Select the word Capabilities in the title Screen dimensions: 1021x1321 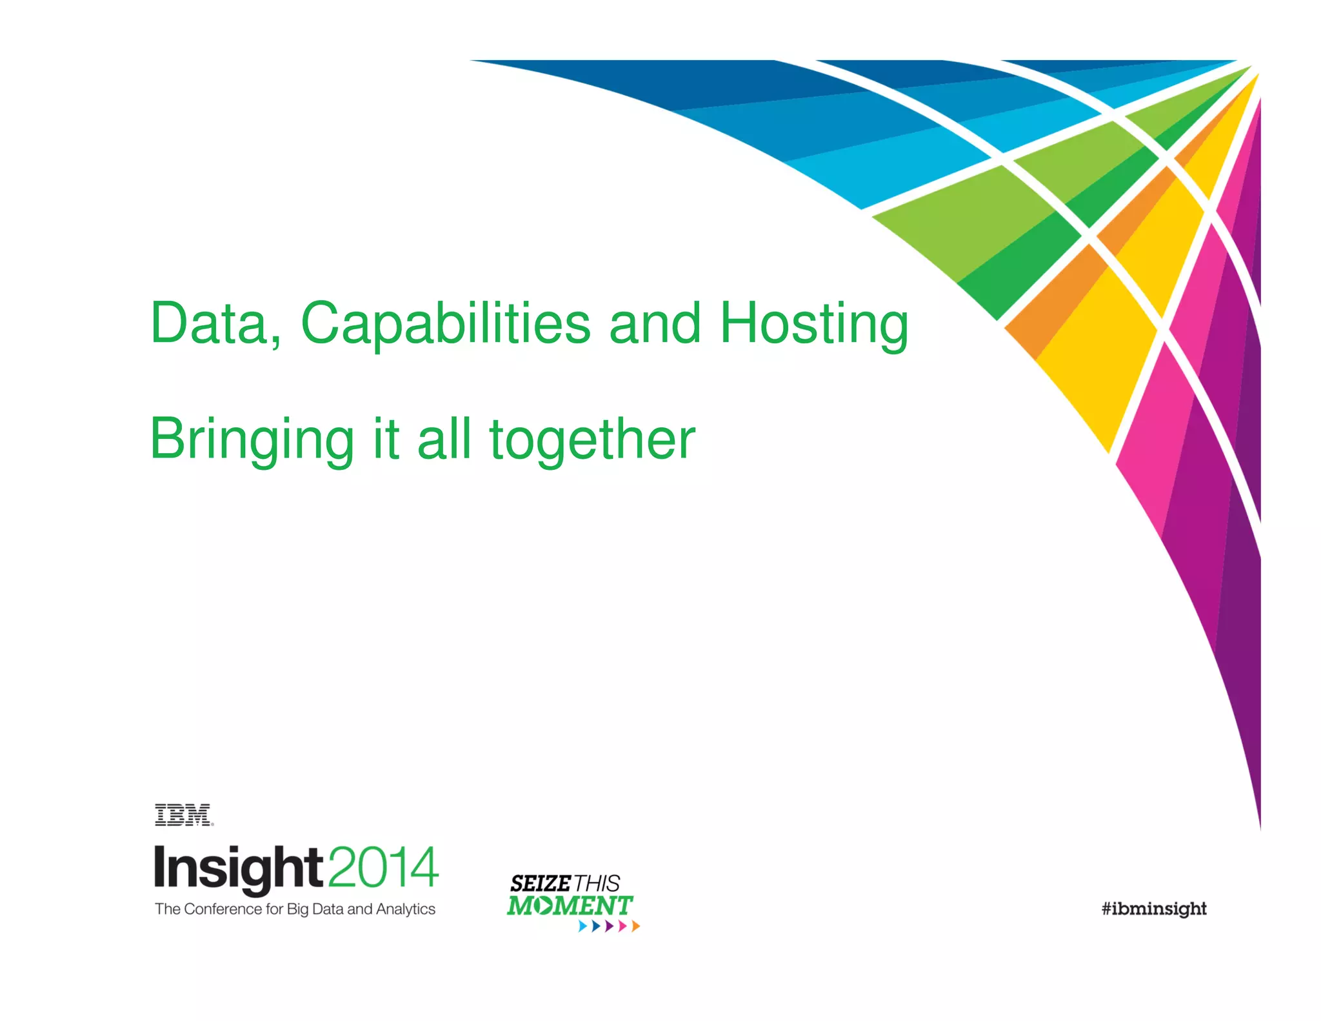pyautogui.click(x=445, y=324)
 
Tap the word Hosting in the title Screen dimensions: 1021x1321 pyautogui.click(x=814, y=324)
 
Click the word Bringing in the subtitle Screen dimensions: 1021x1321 pyautogui.click(x=252, y=440)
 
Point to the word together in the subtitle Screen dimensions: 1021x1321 pyautogui.click(x=592, y=440)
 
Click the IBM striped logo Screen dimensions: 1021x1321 pyautogui.click(x=183, y=815)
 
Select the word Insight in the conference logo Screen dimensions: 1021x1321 pyautogui.click(x=237, y=868)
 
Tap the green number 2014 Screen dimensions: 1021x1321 pyautogui.click(x=384, y=867)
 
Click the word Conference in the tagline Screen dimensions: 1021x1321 pyautogui.click(x=223, y=909)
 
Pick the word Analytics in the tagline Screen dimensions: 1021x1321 pyautogui.click(x=406, y=909)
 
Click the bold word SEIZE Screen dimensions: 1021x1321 pyautogui.click(x=540, y=884)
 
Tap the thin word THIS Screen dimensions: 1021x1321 pyautogui.click(x=597, y=884)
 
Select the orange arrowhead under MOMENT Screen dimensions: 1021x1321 pyautogui.click(x=635, y=926)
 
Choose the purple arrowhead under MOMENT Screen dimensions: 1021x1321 pyautogui.click(x=609, y=926)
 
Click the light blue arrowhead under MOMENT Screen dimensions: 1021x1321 pyautogui.click(x=582, y=926)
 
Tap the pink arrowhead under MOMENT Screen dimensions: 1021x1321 pyautogui.click(x=622, y=926)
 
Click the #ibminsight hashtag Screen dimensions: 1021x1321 pyautogui.click(x=1153, y=909)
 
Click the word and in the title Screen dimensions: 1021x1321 pyautogui.click(x=654, y=324)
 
